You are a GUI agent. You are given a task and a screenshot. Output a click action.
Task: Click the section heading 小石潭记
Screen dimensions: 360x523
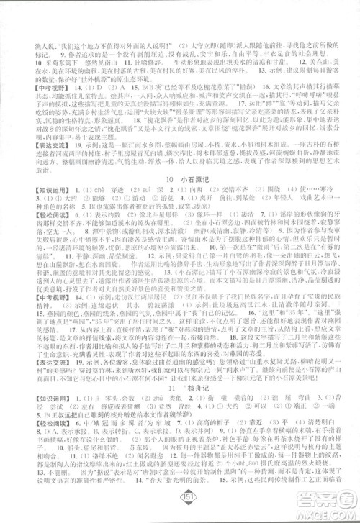click(x=189, y=177)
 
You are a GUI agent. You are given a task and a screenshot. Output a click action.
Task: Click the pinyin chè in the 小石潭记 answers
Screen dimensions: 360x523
click(x=82, y=190)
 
